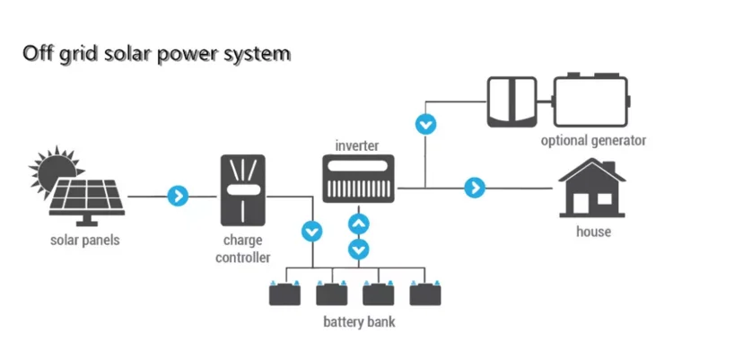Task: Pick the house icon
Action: pos(591,189)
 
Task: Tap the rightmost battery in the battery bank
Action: pos(425,294)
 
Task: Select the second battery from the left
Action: pos(333,294)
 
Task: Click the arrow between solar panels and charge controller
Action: pos(179,195)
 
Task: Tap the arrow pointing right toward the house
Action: pos(475,188)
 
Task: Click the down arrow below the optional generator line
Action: pos(428,124)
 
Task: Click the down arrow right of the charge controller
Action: pos(311,231)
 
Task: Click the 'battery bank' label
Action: pos(357,321)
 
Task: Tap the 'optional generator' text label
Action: pos(592,141)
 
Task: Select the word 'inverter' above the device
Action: pos(357,145)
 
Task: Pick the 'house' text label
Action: pos(592,232)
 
